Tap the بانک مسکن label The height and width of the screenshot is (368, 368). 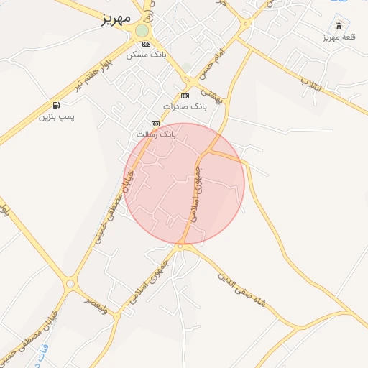click(x=146, y=54)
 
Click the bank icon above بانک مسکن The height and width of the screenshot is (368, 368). click(x=146, y=44)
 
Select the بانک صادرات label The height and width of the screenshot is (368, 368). click(x=184, y=106)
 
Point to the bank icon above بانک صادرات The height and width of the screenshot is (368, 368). click(x=185, y=96)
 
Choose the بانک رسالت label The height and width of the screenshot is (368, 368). click(x=155, y=134)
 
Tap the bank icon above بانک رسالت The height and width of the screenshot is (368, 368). click(x=155, y=124)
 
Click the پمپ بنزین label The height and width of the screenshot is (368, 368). click(x=57, y=116)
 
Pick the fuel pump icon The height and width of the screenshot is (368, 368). click(x=56, y=105)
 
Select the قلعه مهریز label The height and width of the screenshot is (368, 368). click(x=340, y=36)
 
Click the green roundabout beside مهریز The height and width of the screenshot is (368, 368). click(x=142, y=31)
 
